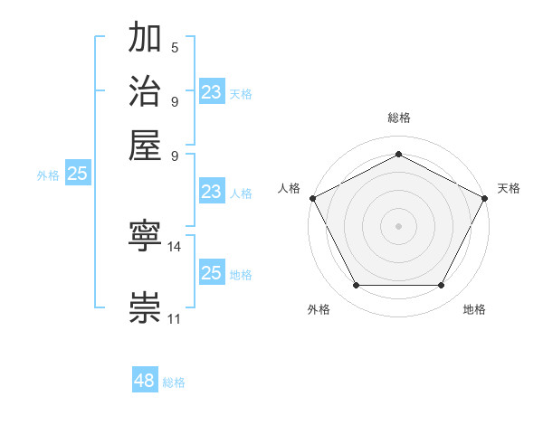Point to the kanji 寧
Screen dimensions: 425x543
click(146, 237)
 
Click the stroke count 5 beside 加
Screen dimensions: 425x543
click(175, 48)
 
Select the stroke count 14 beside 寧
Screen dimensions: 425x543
click(175, 246)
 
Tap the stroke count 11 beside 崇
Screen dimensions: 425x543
click(175, 318)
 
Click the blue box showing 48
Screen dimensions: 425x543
click(145, 382)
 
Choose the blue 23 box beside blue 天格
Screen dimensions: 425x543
click(212, 91)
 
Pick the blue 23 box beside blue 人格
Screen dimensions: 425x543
click(212, 192)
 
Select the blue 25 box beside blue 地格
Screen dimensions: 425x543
click(212, 273)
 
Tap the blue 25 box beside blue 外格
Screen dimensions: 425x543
click(77, 174)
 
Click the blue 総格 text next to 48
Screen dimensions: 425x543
click(174, 383)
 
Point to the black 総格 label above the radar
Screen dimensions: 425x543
click(398, 118)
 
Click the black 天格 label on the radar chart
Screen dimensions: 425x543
click(510, 188)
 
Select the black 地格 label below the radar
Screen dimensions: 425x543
click(474, 310)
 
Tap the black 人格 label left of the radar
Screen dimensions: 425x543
click(290, 188)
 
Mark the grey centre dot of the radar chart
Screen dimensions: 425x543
click(398, 225)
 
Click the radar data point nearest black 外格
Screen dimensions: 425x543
click(356, 286)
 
